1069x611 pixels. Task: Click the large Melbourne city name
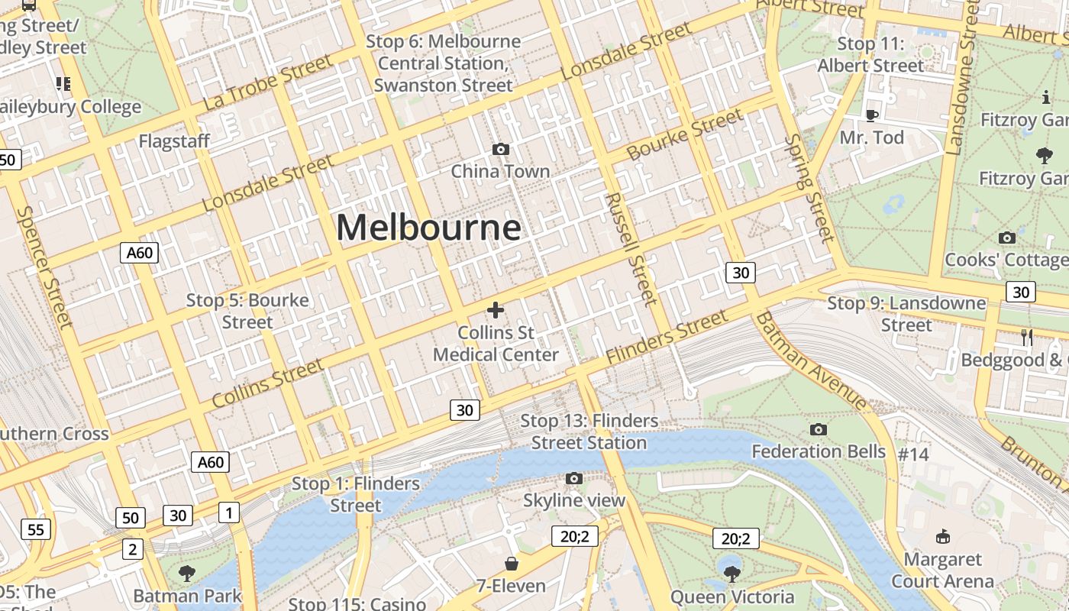pos(428,228)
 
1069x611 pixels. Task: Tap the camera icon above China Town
pos(501,149)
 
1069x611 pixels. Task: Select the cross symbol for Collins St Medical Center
pos(496,309)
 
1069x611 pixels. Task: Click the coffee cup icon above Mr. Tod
pos(871,115)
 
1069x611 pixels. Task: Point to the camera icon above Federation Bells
pos(819,429)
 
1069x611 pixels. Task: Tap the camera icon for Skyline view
pos(574,479)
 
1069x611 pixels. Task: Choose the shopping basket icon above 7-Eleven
pos(512,564)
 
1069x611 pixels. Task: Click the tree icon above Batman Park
pos(187,573)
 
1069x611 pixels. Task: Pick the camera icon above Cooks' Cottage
pos(1007,238)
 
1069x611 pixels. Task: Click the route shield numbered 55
pos(36,529)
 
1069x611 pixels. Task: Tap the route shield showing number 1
pos(228,512)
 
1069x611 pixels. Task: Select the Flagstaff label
pos(174,141)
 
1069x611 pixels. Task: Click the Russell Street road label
pos(631,248)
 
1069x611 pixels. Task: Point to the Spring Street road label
pos(809,188)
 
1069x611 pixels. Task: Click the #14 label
pos(913,454)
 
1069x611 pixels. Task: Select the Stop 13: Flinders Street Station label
pos(589,432)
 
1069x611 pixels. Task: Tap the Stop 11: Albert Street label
pos(870,55)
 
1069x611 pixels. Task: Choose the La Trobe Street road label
pos(268,82)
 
